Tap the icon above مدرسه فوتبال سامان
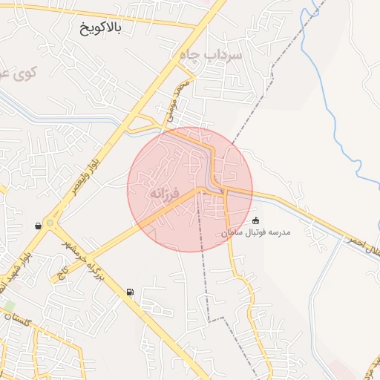point(257,220)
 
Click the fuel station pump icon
point(131,292)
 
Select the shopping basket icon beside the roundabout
point(38,226)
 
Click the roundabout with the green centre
point(50,223)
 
